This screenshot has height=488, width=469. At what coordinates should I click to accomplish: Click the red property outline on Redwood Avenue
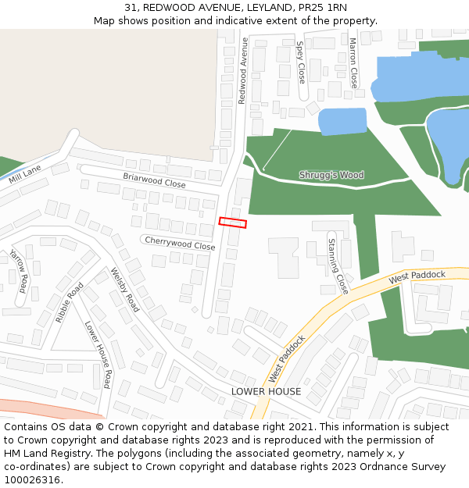pos(232,223)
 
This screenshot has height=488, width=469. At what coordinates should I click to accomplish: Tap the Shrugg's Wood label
pos(331,175)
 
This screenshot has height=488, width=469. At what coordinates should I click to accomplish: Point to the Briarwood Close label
pos(154,180)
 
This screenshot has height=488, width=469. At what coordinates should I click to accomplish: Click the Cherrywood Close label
pos(180,243)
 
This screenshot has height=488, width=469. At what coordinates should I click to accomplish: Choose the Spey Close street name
pos(301,63)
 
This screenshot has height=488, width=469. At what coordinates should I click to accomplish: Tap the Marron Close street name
pos(353,62)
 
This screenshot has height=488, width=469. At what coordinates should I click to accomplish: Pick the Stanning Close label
pos(338,265)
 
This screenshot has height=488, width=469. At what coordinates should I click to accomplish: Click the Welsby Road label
pos(125,290)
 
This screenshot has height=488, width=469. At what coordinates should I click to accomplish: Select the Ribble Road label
pos(70,302)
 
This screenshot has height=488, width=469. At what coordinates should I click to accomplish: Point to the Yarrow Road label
pos(19,270)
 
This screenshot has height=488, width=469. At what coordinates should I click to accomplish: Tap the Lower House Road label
pos(98,355)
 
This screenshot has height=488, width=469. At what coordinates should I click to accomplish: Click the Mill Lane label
pos(25,175)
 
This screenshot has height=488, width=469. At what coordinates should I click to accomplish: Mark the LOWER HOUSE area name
pos(266,391)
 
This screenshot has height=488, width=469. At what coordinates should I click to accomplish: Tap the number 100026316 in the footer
pos(30,480)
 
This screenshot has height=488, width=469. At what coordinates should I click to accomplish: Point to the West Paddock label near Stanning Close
pos(417,276)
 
